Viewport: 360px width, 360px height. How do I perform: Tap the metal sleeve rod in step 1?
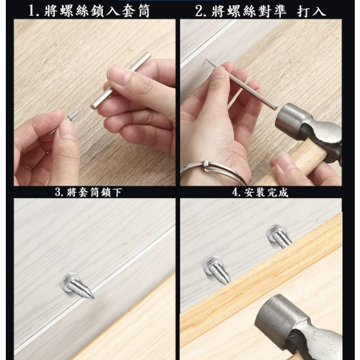click(120, 81)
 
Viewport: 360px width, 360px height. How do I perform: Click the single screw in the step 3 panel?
click(78, 285)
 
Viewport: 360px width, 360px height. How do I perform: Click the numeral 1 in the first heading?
click(32, 11)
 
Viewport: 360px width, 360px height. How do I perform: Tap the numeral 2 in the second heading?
click(199, 11)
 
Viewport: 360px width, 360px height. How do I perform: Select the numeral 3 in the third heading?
click(58, 192)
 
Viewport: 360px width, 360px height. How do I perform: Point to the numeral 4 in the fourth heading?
click(235, 192)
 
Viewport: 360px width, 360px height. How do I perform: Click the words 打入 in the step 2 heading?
click(311, 11)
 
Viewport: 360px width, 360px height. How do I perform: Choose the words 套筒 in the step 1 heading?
click(135, 11)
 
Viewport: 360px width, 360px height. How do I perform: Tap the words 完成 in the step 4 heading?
click(278, 192)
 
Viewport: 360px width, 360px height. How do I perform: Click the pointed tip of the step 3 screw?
click(93, 298)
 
